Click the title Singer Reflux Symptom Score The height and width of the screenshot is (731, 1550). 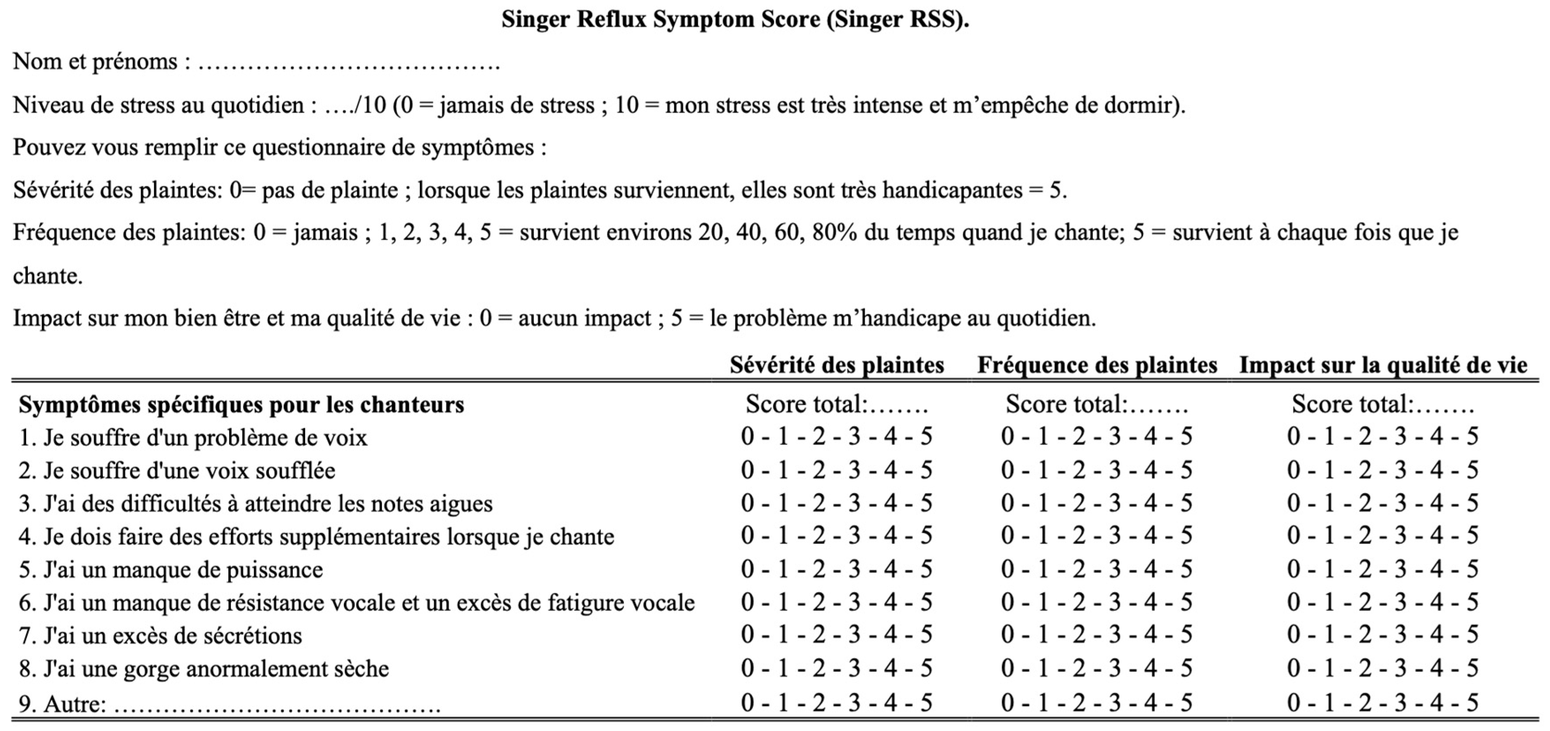(x=735, y=20)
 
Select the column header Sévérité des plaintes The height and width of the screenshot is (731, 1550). (x=837, y=365)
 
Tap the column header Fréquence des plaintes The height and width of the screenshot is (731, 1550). (x=1096, y=365)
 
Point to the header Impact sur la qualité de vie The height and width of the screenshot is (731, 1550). (x=1383, y=365)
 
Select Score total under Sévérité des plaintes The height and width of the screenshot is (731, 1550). (x=837, y=404)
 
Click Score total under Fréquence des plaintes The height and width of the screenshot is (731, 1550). (x=1096, y=404)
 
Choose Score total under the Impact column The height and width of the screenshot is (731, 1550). (x=1383, y=404)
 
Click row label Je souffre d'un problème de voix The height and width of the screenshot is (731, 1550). (x=192, y=437)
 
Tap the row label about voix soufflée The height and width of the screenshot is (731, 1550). (x=177, y=471)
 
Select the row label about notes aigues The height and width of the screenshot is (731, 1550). (x=256, y=504)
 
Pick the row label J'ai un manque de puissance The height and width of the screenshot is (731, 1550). (x=171, y=570)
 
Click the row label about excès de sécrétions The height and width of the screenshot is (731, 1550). (x=161, y=636)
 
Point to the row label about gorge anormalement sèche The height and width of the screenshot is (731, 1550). (x=204, y=669)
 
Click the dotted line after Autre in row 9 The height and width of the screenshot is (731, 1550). (x=277, y=705)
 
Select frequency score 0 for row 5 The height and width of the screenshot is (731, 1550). (x=1007, y=569)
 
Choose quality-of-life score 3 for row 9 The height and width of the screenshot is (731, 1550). (x=1399, y=703)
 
